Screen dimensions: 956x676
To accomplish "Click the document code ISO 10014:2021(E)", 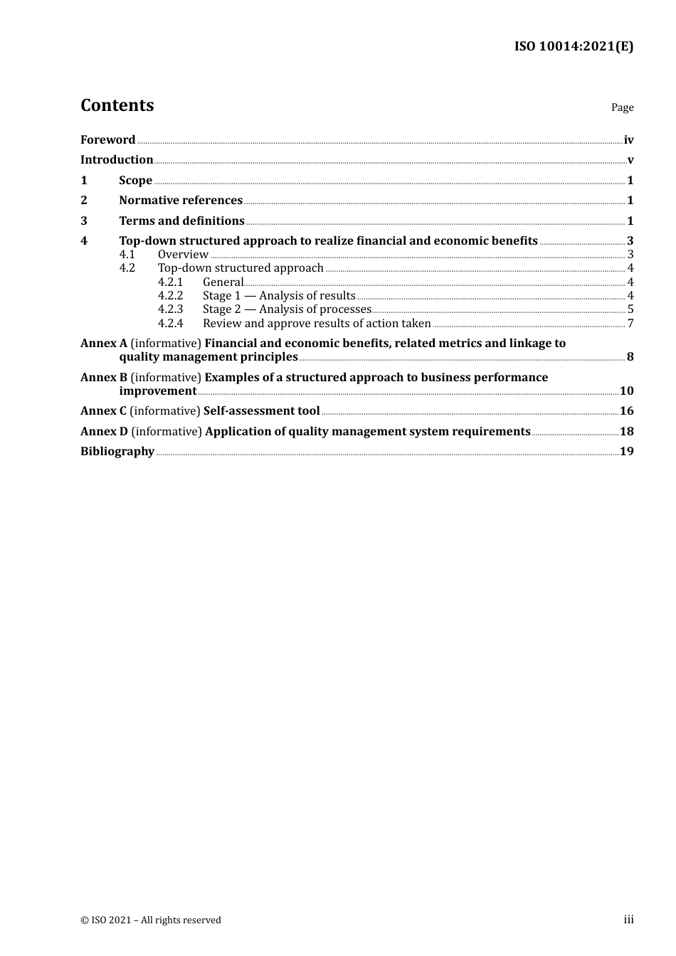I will pos(574,47).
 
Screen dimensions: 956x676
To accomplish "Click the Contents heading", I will pos(117,105).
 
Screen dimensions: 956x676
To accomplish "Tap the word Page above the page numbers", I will pos(622,107).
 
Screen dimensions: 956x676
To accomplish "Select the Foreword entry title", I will pos(107,140).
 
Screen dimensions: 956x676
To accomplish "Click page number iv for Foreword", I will pos(628,140).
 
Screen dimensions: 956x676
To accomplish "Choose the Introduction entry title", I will pos(117,160).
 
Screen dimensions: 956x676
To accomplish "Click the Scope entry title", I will pos(135,181).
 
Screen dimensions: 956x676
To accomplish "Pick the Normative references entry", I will pos(181,201).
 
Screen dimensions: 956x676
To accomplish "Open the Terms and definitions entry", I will pos(181,221).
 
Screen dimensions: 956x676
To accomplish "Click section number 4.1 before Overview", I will pos(127,255).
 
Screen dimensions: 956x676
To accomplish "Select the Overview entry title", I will pos(183,255).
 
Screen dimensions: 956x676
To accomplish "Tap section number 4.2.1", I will pos(170,282).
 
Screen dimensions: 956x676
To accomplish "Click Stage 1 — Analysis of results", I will pos(279,296).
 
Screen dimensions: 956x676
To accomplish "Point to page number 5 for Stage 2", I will pos(630,309).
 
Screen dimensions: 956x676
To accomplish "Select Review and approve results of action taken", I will pos(317,324).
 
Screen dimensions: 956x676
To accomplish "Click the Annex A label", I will pos(104,344).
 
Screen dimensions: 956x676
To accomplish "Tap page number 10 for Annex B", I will pos(626,391).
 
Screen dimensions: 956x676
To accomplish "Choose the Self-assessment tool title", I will pos(262,411).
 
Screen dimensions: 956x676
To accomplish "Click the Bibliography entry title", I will pos(117,452).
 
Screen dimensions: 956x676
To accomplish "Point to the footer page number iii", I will pos(628,920).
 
